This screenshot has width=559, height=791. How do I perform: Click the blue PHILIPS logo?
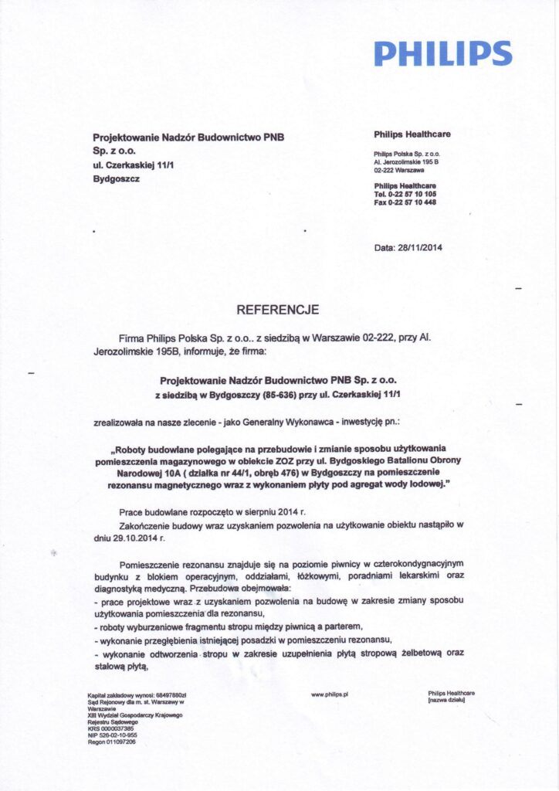click(442, 53)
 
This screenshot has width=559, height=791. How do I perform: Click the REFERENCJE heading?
click(277, 310)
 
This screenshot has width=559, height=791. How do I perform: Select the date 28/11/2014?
click(420, 248)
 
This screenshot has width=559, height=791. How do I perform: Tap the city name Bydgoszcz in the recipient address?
click(117, 178)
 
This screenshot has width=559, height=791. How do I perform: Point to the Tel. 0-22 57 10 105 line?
click(405, 194)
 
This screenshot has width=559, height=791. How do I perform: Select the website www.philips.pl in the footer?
click(330, 694)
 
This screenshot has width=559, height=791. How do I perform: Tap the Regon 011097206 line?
click(112, 742)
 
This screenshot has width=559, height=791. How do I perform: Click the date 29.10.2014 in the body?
click(123, 538)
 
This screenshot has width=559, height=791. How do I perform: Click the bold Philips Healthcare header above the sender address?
click(412, 134)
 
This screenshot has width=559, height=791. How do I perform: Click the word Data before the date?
click(384, 248)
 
